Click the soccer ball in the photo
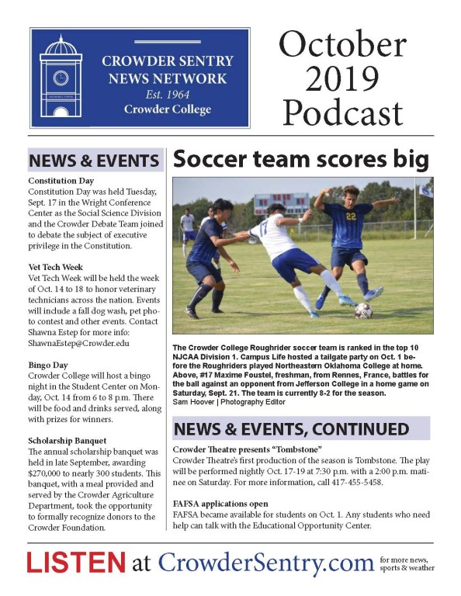364,310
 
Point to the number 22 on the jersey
352,217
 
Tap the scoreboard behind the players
281,203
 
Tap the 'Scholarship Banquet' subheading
68,441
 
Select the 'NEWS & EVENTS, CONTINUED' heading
291,429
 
